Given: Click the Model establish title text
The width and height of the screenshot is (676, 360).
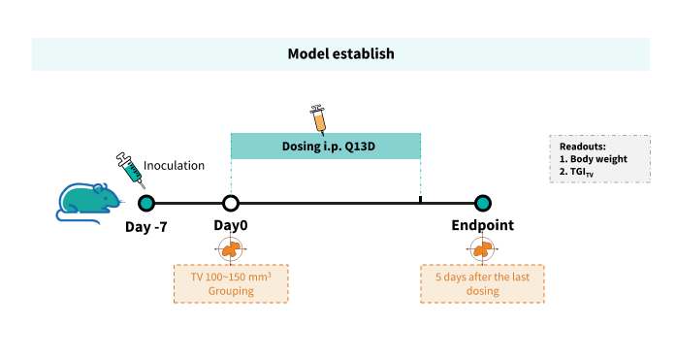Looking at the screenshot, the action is coord(340,54).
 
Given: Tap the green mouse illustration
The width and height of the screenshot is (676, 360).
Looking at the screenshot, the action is coord(89,203).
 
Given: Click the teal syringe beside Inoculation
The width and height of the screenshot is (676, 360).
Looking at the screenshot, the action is coord(130,170).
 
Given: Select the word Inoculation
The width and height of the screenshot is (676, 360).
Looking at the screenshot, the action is coord(174,166).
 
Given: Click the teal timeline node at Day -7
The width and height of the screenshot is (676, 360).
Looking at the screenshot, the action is coord(146,203).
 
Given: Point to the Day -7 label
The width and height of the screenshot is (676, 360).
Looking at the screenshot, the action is coord(146,227).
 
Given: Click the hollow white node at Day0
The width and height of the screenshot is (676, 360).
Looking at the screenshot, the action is coord(231,203).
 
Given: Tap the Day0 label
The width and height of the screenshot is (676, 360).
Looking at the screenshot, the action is coord(231,225).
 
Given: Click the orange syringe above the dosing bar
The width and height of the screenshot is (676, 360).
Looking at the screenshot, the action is coord(318,120).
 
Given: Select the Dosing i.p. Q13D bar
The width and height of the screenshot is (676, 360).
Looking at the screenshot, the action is coord(326,147).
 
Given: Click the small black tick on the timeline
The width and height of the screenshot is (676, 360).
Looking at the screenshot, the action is coord(420,199).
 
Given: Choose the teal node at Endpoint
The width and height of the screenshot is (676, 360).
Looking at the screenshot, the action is coord(483,203).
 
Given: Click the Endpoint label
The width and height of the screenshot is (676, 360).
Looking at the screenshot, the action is coord(482,225).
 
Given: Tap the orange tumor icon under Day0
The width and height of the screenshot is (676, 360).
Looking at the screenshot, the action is coord(231,248).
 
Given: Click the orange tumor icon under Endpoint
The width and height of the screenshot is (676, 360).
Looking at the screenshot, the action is coord(482,248).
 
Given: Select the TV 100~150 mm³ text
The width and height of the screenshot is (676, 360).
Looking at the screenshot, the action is coord(231,277).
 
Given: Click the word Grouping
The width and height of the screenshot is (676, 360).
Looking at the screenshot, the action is coord(231,291).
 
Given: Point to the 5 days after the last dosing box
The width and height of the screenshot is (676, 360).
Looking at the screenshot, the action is coord(482,283).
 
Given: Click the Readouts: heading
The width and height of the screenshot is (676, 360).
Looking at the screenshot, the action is coord(583,147).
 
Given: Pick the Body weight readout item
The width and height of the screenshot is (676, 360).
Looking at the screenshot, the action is coord(594,159).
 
